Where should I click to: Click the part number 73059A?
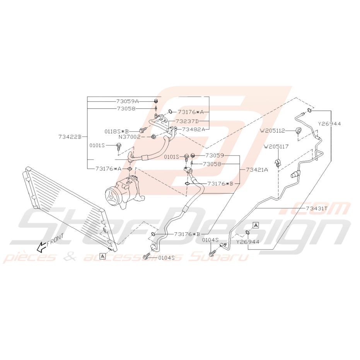coord(128,101)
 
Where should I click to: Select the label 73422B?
coord(70,137)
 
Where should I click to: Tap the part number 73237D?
coord(187,121)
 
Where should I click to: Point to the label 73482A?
coord(194,129)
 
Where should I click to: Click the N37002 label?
coord(129,137)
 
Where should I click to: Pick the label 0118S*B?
coord(117,131)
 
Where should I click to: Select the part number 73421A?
coord(257,170)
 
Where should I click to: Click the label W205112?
coord(272,131)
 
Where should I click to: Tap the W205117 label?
coord(276,147)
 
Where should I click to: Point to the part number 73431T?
coord(317,208)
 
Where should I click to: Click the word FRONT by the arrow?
coord(55,240)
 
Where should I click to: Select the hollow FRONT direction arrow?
coord(42,247)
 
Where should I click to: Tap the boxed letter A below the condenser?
coord(102,256)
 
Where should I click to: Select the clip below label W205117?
coord(278,163)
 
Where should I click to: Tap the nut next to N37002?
coord(154,137)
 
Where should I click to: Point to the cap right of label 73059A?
coord(156,101)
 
